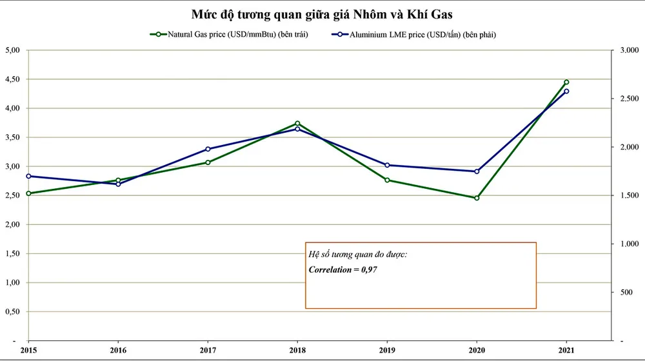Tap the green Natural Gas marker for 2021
pyautogui.click(x=566, y=82)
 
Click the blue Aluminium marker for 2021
pyautogui.click(x=566, y=92)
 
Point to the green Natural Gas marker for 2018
pyautogui.click(x=297, y=123)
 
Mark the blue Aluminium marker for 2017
pyautogui.click(x=208, y=149)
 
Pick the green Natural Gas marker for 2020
pyautogui.click(x=477, y=198)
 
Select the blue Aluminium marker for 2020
pyautogui.click(x=477, y=171)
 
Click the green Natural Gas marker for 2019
pyautogui.click(x=387, y=180)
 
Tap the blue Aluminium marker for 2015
pyautogui.click(x=28, y=176)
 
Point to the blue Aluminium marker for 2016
pyautogui.click(x=118, y=184)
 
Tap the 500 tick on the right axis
pyautogui.click(x=625, y=292)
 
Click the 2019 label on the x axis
pyautogui.click(x=387, y=351)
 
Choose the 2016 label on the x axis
pyautogui.click(x=118, y=351)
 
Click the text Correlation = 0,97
pyautogui.click(x=342, y=269)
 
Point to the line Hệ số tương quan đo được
pyautogui.click(x=358, y=255)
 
